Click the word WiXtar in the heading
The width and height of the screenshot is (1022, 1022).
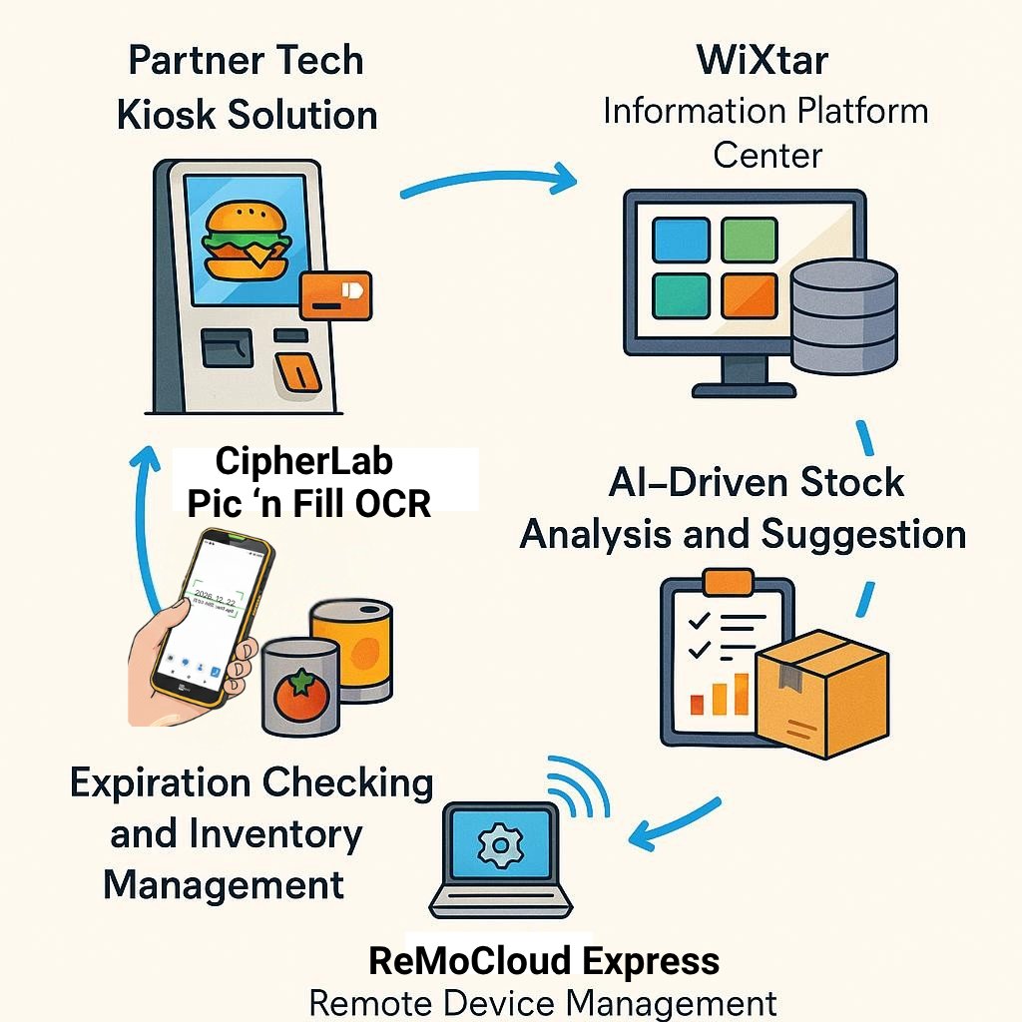pos(763,61)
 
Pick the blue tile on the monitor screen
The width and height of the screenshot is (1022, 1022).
pos(681,241)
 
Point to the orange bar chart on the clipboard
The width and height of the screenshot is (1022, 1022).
pos(722,694)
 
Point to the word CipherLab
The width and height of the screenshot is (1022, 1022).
pos(304,461)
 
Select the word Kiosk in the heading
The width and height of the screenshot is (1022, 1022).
pos(166,115)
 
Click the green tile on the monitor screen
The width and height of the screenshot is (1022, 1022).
pos(749,241)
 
